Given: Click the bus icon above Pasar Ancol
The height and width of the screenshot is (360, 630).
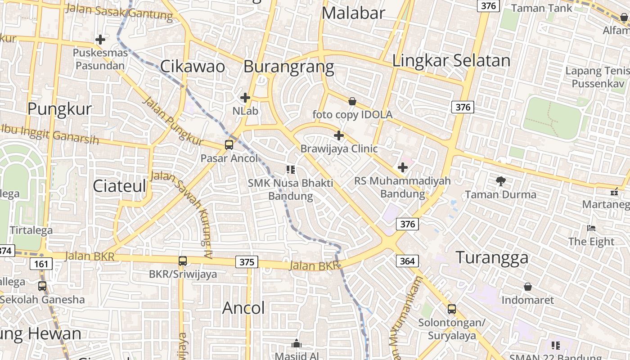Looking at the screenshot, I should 229,145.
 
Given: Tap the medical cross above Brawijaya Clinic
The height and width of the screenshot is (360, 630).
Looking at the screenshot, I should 339,135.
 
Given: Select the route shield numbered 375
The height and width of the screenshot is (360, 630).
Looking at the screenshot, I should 247,262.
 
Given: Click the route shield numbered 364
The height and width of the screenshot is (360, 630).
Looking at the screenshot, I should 407,261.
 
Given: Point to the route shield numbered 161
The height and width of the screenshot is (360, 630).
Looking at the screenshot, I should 41,263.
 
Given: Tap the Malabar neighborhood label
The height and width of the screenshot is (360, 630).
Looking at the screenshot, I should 354,13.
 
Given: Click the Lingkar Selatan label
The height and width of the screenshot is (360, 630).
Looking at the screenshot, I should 451,60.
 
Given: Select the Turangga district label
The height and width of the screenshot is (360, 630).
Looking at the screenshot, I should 492,257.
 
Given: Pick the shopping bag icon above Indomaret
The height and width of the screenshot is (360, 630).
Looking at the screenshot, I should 528,287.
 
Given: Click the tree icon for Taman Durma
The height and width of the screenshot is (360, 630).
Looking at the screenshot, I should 500,181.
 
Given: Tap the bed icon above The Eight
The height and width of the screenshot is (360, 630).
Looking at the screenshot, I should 591,228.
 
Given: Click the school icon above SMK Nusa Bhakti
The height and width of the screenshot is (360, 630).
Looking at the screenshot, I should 291,170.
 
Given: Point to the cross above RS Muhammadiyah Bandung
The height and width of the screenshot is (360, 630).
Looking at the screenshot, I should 403,168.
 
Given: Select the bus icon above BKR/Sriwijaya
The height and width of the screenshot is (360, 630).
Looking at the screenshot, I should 183,261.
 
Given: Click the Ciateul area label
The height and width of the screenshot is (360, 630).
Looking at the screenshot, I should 120,185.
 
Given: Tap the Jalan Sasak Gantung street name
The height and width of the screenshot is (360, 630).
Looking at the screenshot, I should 119,12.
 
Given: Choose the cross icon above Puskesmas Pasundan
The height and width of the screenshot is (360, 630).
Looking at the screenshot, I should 100,40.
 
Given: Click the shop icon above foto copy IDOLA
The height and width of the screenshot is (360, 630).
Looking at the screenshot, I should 352,102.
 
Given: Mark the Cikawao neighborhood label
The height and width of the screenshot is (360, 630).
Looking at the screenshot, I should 193,66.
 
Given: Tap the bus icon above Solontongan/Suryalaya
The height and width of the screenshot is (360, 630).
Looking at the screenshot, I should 452,309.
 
